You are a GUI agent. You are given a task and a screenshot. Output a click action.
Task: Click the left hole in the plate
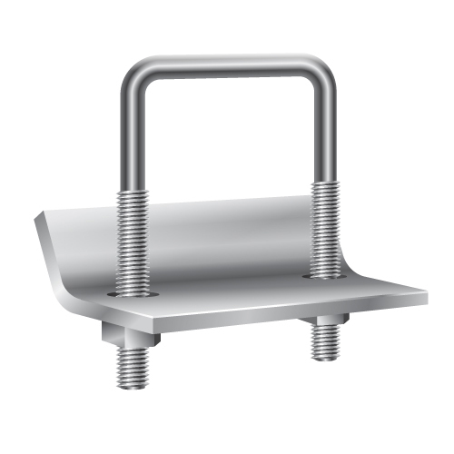click(132, 295)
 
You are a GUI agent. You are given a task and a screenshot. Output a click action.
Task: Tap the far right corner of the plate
click(425, 295)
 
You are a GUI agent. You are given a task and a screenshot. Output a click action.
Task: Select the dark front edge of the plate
click(272, 313)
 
